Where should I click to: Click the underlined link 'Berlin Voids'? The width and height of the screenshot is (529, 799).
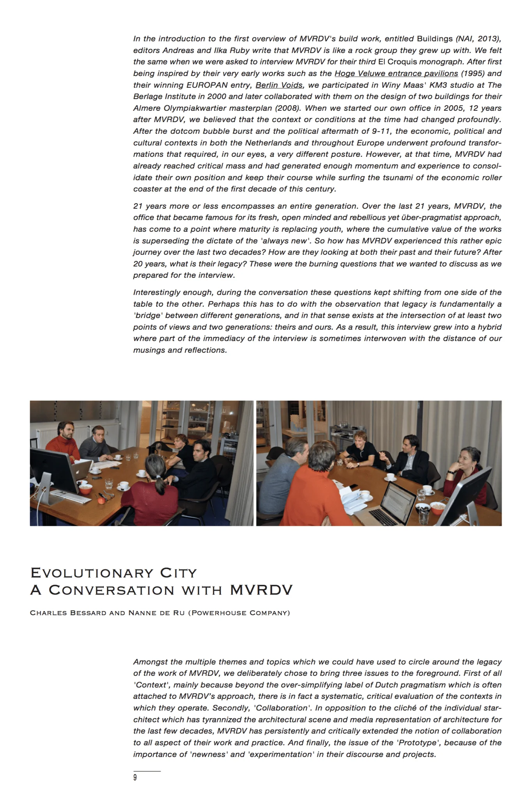[279, 85]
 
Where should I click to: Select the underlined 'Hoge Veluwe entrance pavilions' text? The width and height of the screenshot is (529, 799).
[396, 73]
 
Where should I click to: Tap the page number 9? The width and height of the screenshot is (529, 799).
[135, 778]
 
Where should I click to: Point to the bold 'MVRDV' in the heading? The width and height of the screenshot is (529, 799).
[261, 590]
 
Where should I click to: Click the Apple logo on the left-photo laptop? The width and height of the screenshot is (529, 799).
[77, 471]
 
